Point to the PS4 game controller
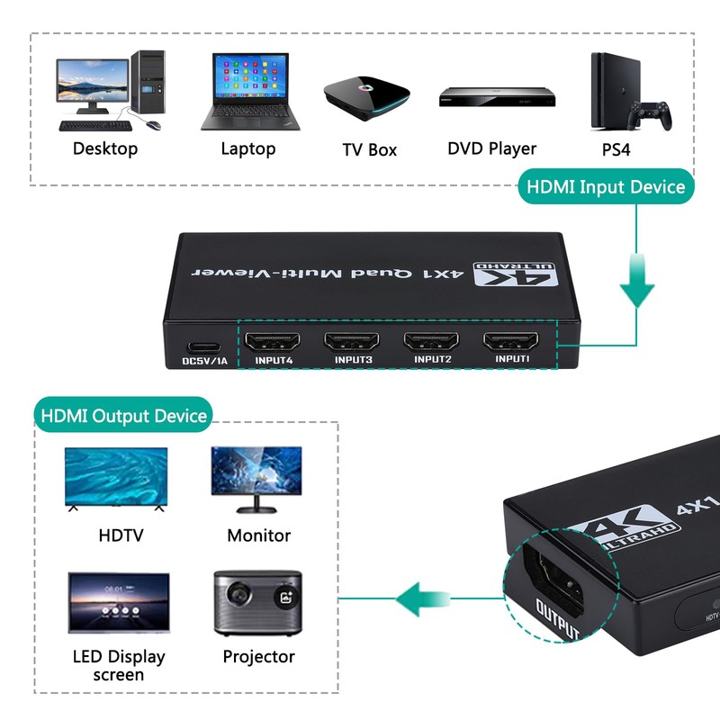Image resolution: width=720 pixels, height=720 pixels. tap(649, 116)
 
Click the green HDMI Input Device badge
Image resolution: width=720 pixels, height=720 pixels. tap(605, 187)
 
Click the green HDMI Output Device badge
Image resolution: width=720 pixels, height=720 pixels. tap(124, 416)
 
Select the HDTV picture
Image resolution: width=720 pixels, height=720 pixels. tap(115, 480)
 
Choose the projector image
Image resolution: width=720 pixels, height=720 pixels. tap(256, 601)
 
